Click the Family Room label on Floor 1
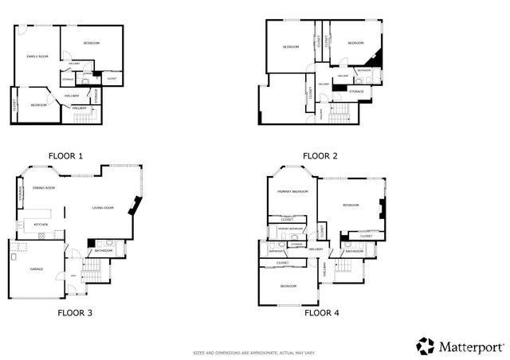coord(37,57)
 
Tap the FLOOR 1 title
coord(65,156)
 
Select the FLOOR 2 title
coord(320,156)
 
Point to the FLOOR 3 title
coord(75,313)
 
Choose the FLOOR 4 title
coord(322,313)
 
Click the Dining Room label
coord(44,188)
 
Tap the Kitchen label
coord(41,225)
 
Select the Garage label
coord(37,269)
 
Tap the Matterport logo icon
coord(426,346)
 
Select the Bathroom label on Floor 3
coord(104,251)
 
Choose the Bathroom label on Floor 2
coord(364,70)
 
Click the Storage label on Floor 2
coord(356,92)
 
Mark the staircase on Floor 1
coord(84,117)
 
